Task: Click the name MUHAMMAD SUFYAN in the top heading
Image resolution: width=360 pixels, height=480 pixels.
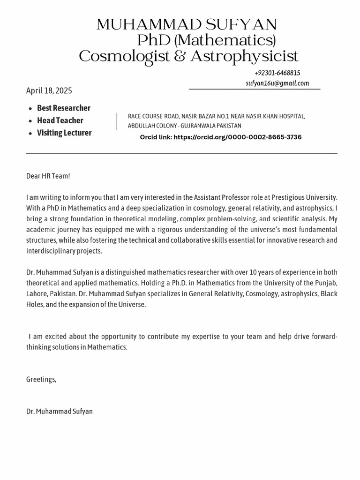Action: click(x=187, y=24)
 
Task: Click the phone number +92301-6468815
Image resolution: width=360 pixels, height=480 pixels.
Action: click(x=277, y=73)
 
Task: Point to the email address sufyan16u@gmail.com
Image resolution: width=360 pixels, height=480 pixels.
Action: click(x=277, y=83)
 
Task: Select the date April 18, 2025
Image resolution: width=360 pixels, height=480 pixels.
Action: click(x=49, y=91)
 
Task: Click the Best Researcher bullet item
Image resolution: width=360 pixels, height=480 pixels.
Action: click(x=64, y=108)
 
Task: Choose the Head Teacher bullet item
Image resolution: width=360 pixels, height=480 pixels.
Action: click(x=60, y=120)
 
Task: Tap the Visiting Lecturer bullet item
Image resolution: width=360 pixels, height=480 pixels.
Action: click(x=64, y=133)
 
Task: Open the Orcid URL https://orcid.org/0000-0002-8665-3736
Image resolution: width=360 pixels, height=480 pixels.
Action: click(x=237, y=137)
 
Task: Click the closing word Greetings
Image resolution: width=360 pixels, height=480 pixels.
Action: click(x=41, y=379)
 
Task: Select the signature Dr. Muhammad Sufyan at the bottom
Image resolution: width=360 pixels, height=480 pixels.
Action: click(x=60, y=411)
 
